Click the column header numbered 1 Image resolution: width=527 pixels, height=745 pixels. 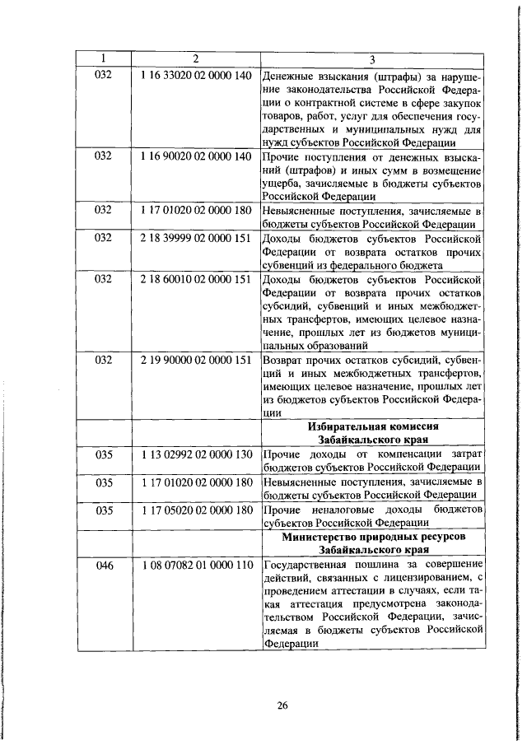click(103, 59)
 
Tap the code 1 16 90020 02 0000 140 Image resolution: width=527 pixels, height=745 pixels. click(195, 156)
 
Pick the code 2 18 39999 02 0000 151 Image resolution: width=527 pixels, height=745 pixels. click(195, 237)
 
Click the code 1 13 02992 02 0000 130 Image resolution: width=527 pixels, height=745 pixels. click(195, 454)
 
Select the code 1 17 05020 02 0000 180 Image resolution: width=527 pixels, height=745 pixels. click(195, 510)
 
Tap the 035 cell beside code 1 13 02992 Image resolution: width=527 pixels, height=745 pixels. click(103, 454)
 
